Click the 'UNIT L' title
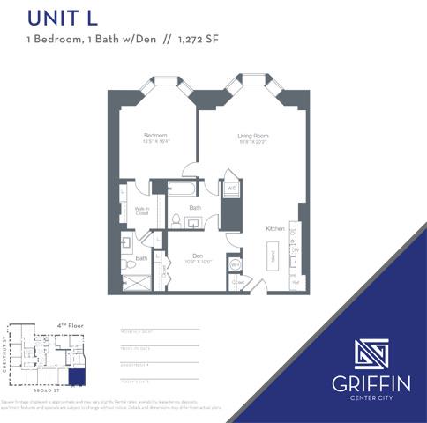pos(62,17)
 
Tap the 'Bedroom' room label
pos(155,136)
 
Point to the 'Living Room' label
pos(253,137)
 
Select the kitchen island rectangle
pos(273,258)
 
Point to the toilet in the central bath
pos(175,220)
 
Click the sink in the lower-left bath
pos(126,241)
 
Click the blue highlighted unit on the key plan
pos(77,376)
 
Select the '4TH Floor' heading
pos(70,325)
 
